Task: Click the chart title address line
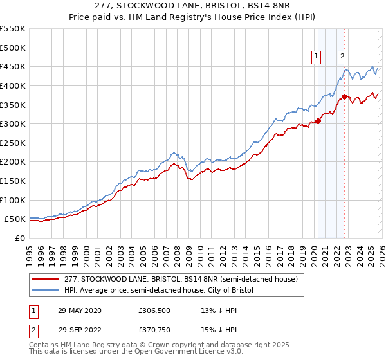click(x=192, y=6)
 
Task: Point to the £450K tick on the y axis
click(x=13, y=66)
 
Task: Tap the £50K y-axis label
click(x=15, y=219)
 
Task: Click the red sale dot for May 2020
click(x=318, y=121)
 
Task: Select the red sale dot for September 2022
click(x=344, y=96)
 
